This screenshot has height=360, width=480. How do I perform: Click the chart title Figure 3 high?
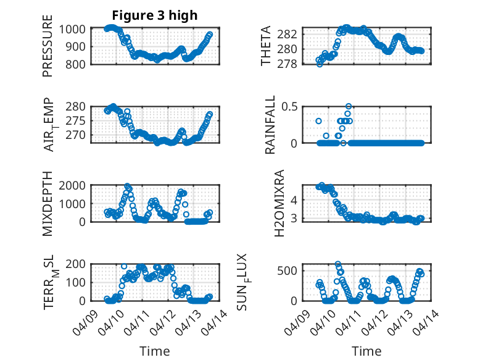point(154,15)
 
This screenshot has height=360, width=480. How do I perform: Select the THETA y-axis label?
point(267,46)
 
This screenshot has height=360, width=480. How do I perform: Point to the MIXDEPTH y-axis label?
point(48,204)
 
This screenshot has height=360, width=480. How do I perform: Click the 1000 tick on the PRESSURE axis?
point(76,29)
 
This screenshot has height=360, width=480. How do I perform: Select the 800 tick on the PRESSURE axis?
point(80,64)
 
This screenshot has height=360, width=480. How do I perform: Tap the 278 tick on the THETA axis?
point(291,64)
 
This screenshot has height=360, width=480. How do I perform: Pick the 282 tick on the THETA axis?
point(291,33)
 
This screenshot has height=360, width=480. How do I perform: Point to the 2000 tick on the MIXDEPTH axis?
point(76,185)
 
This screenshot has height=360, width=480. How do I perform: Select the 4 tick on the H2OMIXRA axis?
point(296,199)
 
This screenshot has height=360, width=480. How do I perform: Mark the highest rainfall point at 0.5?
point(349,106)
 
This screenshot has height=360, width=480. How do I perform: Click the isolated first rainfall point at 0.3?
point(318,121)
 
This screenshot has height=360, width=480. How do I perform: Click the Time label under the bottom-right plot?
point(366,351)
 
